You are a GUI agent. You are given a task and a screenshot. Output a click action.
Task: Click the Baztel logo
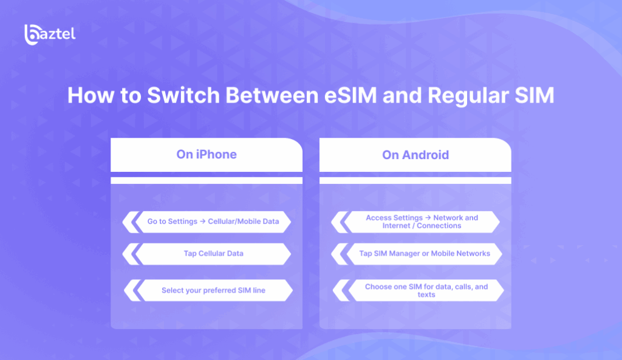[50, 35]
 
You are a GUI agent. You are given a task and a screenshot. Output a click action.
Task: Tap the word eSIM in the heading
[350, 95]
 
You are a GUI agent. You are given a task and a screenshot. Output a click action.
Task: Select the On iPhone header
[207, 154]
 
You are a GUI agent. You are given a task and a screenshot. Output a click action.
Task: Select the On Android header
[415, 155]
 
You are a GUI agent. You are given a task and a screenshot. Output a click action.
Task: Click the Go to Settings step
[213, 221]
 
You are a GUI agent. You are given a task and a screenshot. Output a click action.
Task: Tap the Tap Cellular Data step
[213, 253]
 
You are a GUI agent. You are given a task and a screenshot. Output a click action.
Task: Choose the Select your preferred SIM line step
[213, 290]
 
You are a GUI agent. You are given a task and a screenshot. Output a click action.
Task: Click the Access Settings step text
[422, 222]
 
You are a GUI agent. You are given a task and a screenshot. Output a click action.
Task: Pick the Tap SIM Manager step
[425, 253]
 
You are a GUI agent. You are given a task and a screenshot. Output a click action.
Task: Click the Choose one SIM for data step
[426, 291]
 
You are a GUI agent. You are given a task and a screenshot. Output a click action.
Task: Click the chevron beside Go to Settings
[131, 222]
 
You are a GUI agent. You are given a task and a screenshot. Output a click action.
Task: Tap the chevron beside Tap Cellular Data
[131, 254]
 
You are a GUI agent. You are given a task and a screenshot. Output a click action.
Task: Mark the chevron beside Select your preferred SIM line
[133, 291]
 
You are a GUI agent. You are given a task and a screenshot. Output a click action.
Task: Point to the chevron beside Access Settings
[340, 222]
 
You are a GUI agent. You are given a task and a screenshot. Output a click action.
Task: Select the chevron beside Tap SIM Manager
[340, 254]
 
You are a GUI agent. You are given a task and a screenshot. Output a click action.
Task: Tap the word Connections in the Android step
[439, 226]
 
